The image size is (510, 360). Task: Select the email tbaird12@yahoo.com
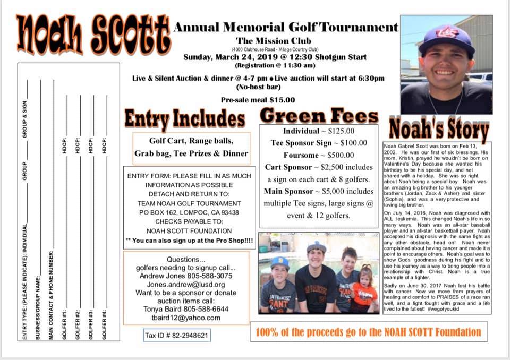pos(185,318)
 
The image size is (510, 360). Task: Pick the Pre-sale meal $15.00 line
pos(258,100)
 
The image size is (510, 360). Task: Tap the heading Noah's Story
pos(439,129)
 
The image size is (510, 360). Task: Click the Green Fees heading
pos(320,116)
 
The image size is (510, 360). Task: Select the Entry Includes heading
pos(185,118)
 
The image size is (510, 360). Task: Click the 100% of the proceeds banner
pos(368,332)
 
